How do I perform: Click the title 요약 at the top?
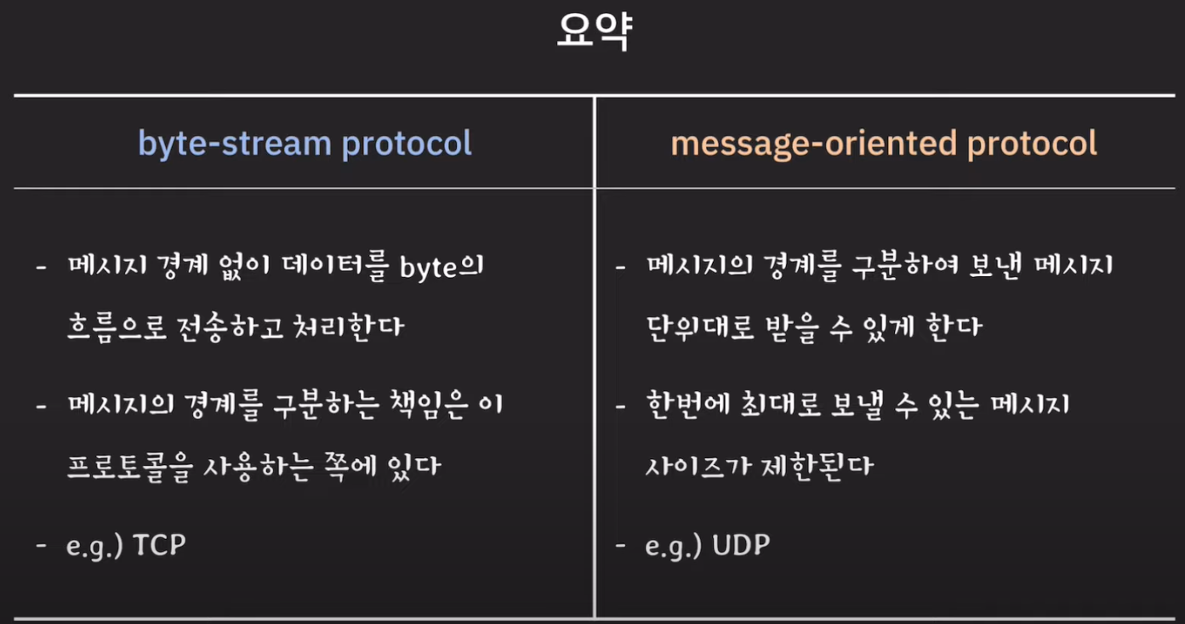click(595, 31)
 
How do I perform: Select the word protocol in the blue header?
click(407, 144)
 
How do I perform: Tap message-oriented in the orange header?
click(813, 144)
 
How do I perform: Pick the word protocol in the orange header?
click(1032, 144)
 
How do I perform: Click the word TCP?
click(159, 545)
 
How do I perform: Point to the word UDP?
click(741, 545)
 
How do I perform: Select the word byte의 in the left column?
click(442, 267)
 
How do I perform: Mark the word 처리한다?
click(349, 327)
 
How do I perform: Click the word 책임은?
click(429, 406)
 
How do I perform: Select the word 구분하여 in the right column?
click(905, 266)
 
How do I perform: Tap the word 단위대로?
click(700, 327)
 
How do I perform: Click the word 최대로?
click(780, 406)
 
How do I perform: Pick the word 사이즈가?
click(698, 467)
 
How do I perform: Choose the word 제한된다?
click(818, 467)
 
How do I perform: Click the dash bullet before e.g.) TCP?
click(42, 545)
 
